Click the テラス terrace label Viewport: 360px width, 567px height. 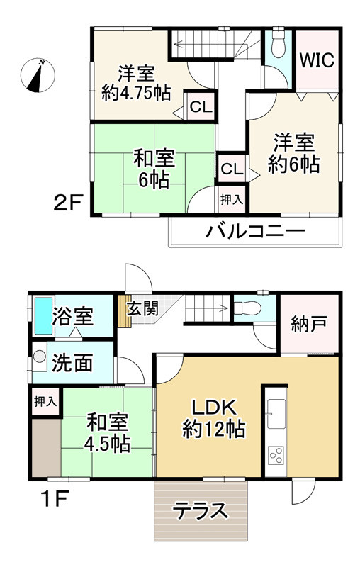click(201, 510)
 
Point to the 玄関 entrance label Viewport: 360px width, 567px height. click(142, 308)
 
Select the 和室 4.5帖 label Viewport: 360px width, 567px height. click(108, 433)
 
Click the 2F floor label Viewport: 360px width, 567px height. click(70, 203)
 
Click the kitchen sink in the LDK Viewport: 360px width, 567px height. click(275, 410)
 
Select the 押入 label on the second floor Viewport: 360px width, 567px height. click(231, 198)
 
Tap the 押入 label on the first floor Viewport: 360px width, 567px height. click(45, 402)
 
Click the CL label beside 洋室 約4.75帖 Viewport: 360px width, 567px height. click(199, 108)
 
